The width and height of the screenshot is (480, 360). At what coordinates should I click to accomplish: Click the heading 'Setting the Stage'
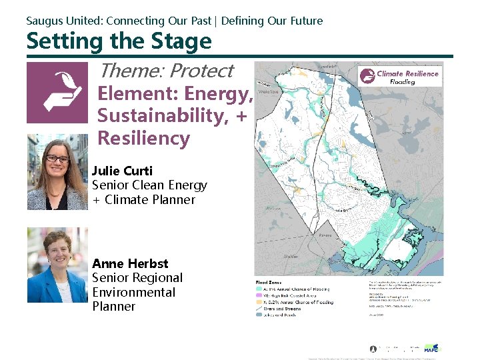119,41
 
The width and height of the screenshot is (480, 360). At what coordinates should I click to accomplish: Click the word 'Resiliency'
143,138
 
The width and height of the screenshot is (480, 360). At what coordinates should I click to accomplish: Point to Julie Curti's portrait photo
57,172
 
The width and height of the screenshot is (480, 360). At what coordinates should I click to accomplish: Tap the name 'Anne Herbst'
130,263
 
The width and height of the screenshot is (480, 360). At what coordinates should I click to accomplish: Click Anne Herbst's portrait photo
57,265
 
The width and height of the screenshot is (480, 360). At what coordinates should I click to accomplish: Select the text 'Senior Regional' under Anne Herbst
137,278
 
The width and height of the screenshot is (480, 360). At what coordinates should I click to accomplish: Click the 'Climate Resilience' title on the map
407,73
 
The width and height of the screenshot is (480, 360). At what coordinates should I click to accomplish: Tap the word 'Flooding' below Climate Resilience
402,82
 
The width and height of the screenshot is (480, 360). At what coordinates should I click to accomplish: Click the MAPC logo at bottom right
431,347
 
